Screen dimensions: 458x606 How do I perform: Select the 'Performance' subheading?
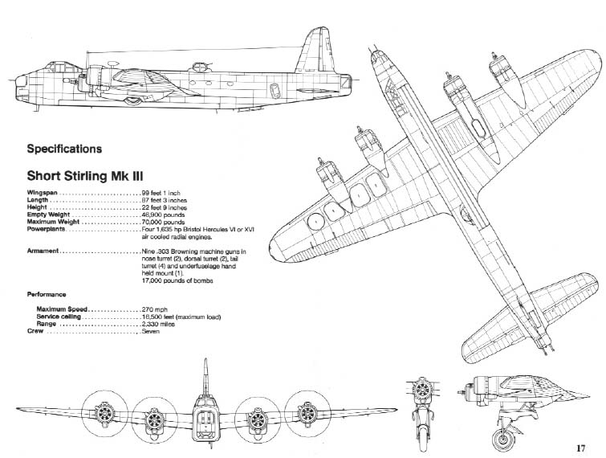47,295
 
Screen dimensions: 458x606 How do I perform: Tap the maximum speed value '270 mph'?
155,309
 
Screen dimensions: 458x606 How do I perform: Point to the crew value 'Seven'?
150,332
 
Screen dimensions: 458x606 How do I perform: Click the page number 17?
581,448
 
